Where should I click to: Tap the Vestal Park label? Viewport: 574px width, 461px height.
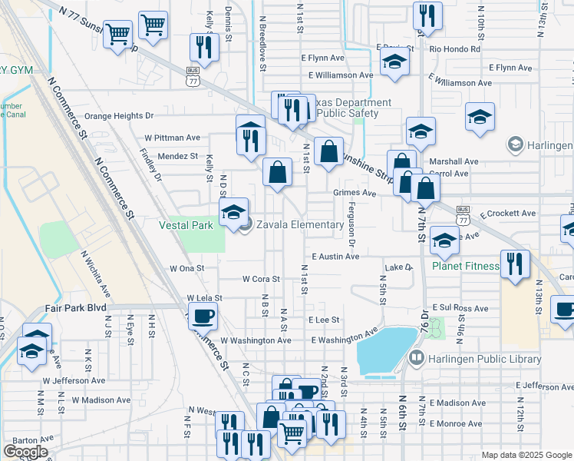click(x=186, y=225)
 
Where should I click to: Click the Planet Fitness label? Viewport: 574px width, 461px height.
click(x=465, y=267)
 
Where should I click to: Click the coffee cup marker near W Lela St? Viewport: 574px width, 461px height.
click(x=203, y=315)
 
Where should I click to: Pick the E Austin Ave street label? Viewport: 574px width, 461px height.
click(x=335, y=257)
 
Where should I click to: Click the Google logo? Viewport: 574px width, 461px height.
click(x=25, y=451)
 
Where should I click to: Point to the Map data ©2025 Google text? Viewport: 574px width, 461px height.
click(x=526, y=454)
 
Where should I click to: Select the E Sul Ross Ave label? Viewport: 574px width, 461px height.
click(x=460, y=307)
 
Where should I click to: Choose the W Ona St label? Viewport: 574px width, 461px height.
click(x=187, y=269)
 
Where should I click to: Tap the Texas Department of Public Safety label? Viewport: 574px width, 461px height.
click(x=341, y=108)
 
